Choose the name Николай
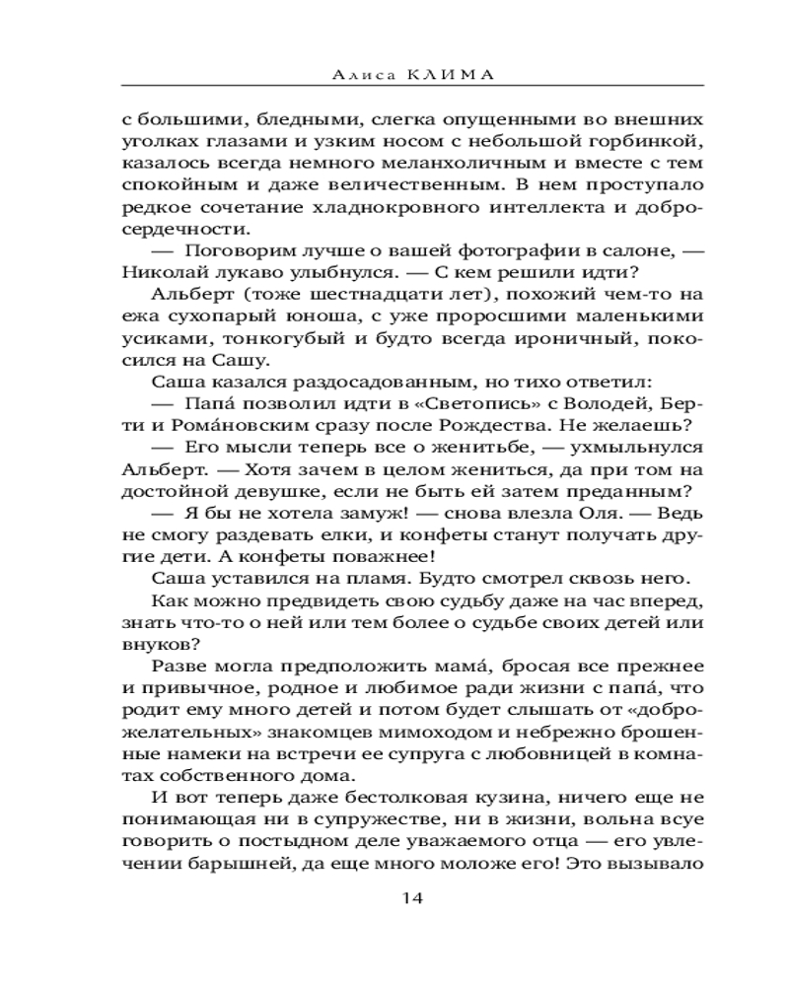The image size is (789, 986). click(161, 278)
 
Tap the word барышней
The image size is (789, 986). click(222, 862)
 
